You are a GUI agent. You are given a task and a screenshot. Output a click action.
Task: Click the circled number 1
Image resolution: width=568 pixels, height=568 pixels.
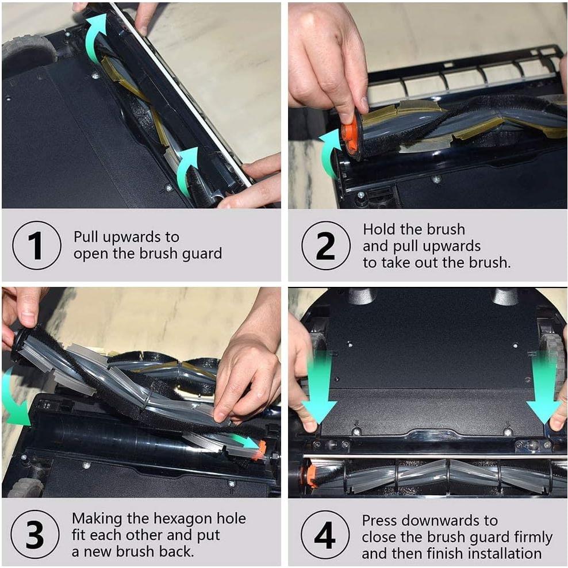37,245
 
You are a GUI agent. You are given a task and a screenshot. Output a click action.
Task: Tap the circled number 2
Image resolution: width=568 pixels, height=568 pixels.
325,245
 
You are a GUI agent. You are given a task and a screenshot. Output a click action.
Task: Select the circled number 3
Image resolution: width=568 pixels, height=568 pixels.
35,534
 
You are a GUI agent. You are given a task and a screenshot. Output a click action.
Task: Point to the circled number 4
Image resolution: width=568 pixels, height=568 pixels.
325,535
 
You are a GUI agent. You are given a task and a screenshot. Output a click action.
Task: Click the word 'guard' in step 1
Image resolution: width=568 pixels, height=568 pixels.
202,254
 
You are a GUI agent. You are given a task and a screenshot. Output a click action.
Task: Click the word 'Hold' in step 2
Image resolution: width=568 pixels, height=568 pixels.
378,229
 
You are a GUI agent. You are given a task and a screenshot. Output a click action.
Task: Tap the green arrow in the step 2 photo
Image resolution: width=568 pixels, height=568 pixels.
328,152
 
